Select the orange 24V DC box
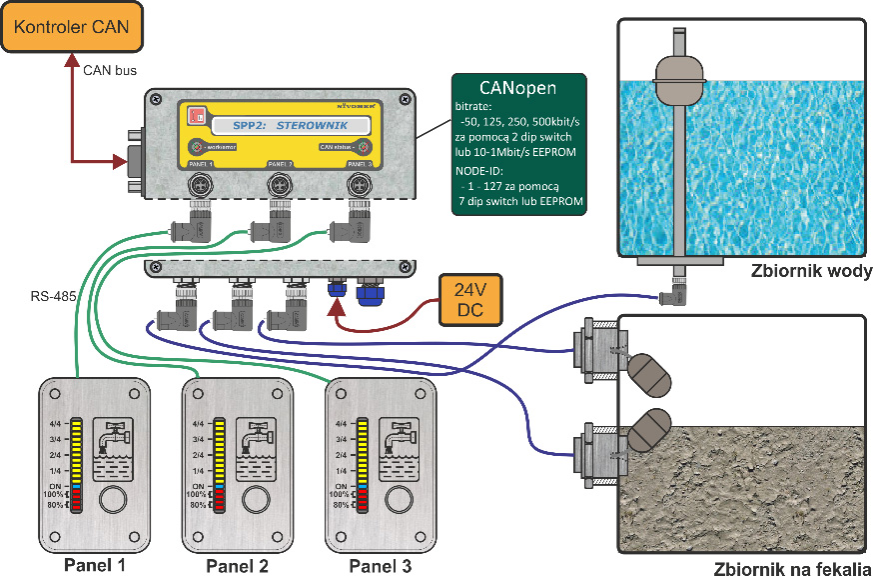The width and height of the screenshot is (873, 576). [x=470, y=300]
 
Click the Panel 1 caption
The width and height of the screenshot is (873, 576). [x=95, y=565]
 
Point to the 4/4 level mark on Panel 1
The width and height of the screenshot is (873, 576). [x=58, y=424]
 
